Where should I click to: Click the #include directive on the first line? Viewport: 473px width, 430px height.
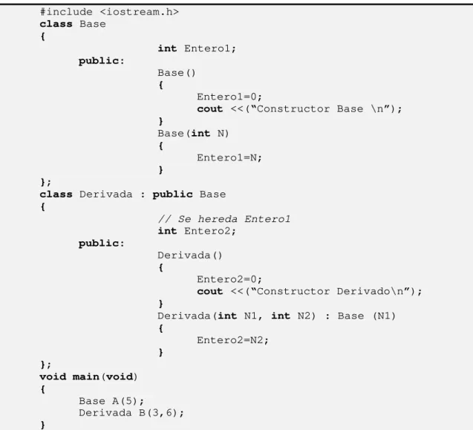pos(66,12)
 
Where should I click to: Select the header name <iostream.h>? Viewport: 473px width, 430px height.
pos(139,12)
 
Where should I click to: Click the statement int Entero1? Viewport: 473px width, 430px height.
pos(197,48)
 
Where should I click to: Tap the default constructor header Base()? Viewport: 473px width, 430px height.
pos(177,73)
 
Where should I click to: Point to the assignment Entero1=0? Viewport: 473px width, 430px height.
pos(229,97)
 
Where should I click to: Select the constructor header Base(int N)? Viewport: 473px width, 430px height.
pos(193,134)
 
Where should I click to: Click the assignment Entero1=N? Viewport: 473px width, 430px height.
pos(229,157)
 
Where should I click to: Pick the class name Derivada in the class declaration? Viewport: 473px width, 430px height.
pos(106,194)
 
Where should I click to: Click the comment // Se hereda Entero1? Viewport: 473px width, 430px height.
pos(224,219)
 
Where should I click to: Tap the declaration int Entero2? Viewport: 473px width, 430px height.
pos(197,231)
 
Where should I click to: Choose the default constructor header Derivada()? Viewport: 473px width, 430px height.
pos(190,255)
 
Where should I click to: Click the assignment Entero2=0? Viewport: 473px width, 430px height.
pos(229,279)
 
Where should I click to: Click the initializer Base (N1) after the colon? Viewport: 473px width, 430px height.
pos(367,316)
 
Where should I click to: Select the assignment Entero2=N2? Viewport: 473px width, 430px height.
pos(232,340)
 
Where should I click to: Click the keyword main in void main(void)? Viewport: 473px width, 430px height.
pos(86,377)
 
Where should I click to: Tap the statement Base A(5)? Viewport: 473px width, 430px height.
pos(111,401)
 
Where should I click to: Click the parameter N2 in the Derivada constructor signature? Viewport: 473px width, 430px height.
pos(304,316)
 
